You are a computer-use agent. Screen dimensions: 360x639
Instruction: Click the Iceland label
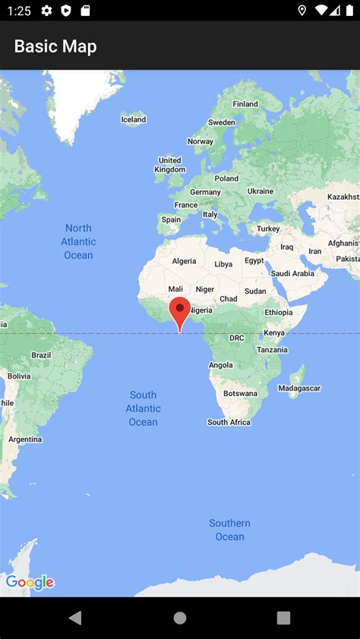pyautogui.click(x=134, y=119)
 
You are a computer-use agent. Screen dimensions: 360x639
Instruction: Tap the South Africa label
pyautogui.click(x=229, y=422)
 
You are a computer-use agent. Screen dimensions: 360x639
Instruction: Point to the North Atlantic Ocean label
pyautogui.click(x=78, y=241)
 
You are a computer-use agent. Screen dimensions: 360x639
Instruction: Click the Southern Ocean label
pyautogui.click(x=229, y=530)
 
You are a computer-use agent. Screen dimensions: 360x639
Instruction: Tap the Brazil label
pyautogui.click(x=41, y=355)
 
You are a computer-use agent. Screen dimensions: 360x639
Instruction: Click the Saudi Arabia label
pyautogui.click(x=292, y=273)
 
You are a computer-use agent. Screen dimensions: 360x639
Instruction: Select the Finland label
pyautogui.click(x=245, y=104)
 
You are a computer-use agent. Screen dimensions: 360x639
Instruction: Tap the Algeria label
pyautogui.click(x=184, y=261)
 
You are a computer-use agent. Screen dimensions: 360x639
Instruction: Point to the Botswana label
pyautogui.click(x=240, y=393)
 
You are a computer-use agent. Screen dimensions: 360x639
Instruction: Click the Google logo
pyautogui.click(x=30, y=582)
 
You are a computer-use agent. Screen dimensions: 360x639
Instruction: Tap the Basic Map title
pyautogui.click(x=55, y=46)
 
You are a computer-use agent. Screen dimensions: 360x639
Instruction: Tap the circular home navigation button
pyautogui.click(x=180, y=618)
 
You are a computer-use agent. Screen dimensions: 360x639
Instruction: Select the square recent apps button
pyautogui.click(x=283, y=618)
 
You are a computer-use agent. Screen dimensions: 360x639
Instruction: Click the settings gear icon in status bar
pyautogui.click(x=47, y=11)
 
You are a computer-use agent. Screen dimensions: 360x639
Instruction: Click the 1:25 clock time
pyautogui.click(x=18, y=11)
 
